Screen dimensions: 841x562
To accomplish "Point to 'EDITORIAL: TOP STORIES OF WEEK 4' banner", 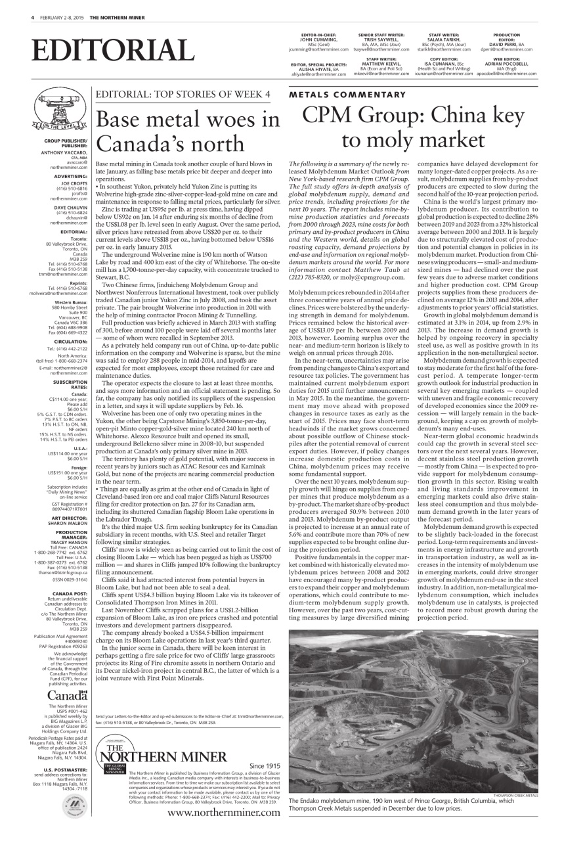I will point(183,95).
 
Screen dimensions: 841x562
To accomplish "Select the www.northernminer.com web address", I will point(223,813).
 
